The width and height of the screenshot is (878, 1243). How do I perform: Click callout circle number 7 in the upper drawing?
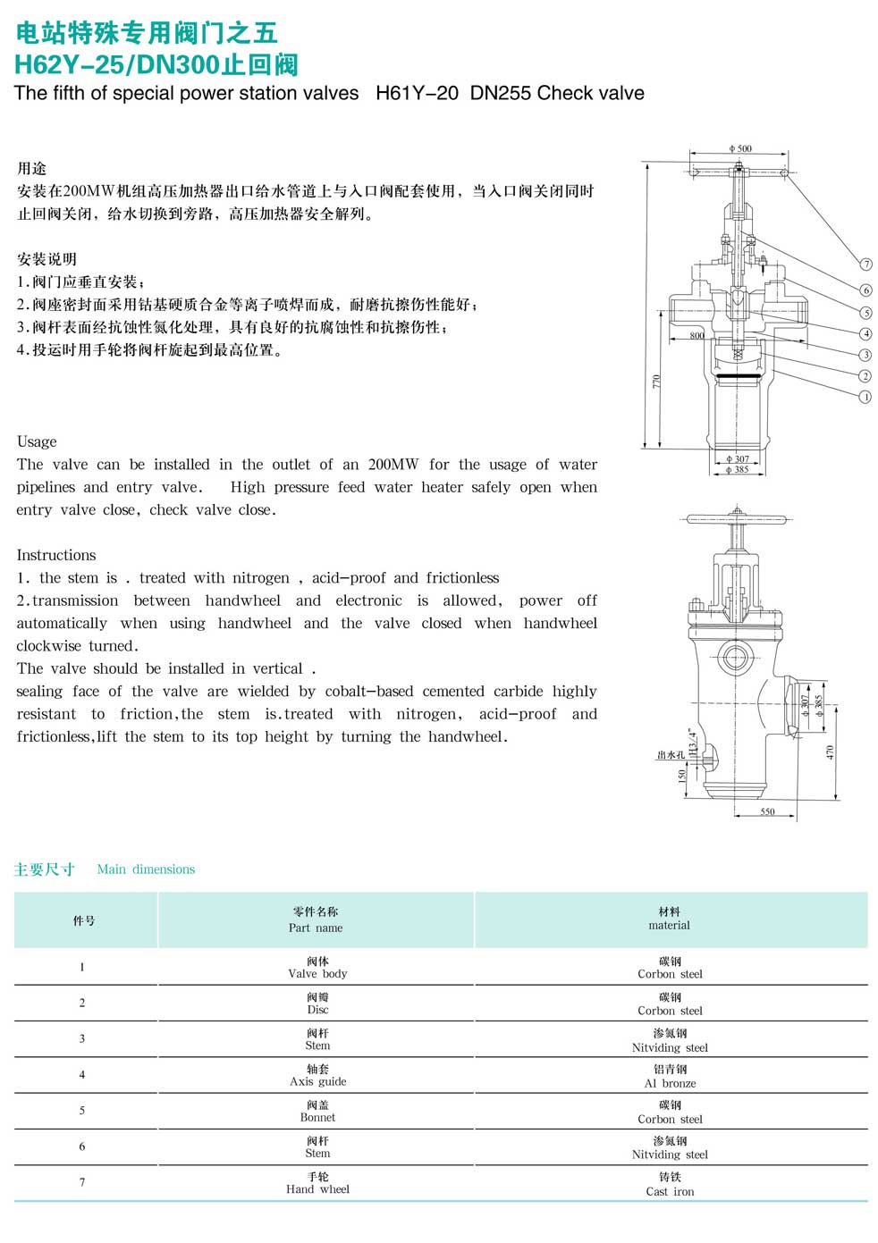tap(865, 265)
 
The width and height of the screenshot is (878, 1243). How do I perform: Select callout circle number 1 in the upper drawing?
tap(865, 397)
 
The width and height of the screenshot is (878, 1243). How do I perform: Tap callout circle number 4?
tap(865, 334)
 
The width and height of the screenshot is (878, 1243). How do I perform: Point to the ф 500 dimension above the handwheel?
tap(740, 148)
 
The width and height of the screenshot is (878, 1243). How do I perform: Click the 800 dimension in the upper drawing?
tap(697, 336)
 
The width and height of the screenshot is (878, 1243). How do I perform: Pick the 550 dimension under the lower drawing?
tap(767, 811)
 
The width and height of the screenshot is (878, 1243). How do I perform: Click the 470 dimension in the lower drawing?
tap(830, 752)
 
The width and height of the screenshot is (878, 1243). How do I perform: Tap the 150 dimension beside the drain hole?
tap(683, 776)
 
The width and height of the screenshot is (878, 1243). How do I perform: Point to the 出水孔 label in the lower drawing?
tap(671, 755)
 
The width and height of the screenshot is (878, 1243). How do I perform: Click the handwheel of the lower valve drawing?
tap(736, 518)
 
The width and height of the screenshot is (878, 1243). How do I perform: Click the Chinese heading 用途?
tap(32, 169)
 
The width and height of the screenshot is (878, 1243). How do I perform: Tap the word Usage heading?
tap(37, 441)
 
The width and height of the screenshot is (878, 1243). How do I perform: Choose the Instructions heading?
tap(55, 555)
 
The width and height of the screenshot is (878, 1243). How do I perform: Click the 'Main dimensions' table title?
tap(146, 869)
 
